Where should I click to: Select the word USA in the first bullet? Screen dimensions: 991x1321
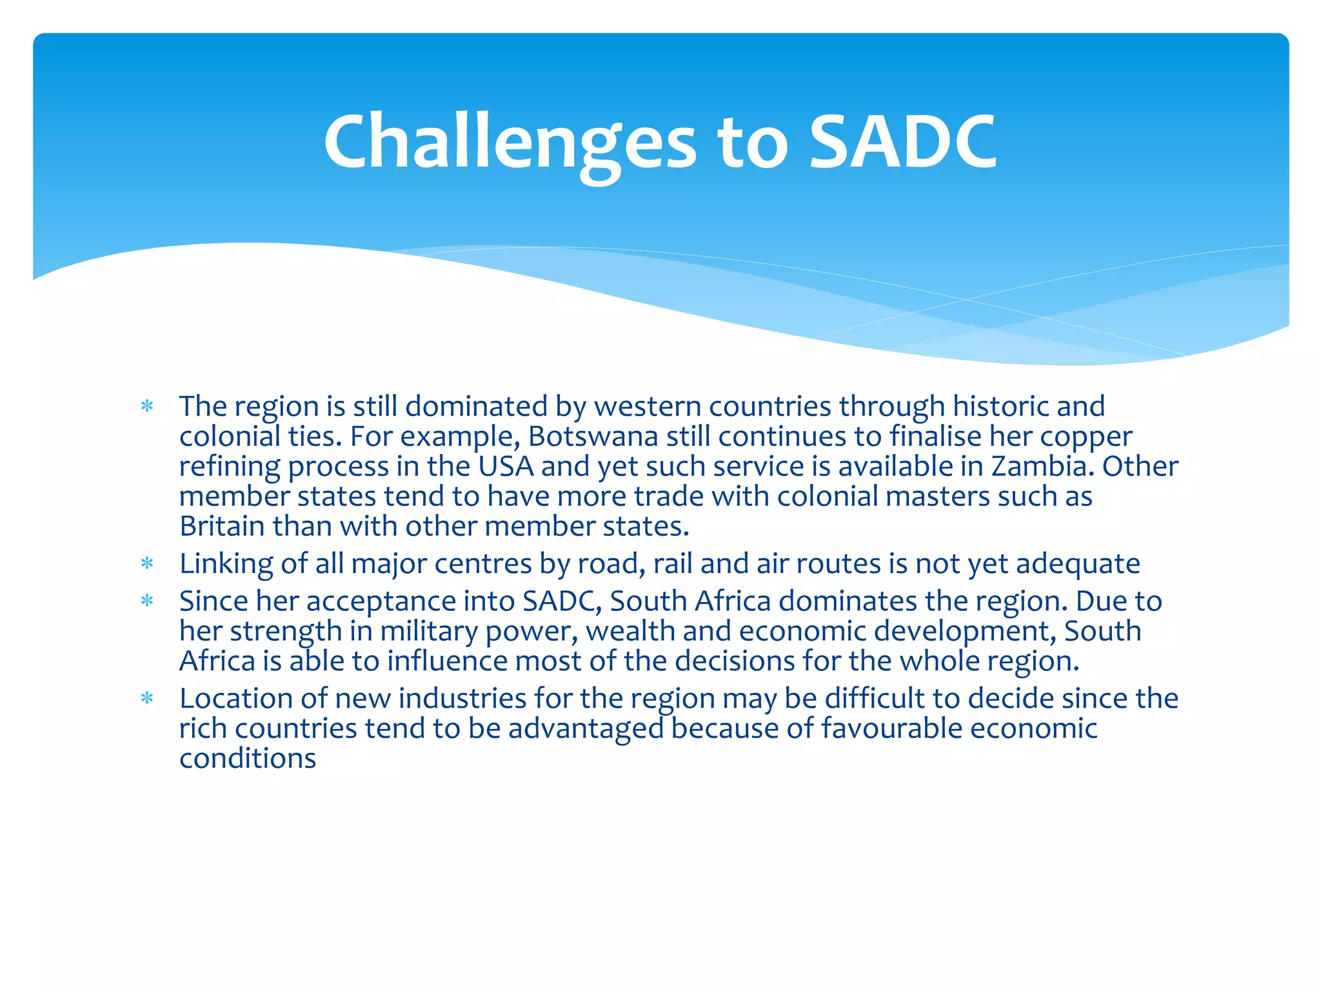[x=506, y=466]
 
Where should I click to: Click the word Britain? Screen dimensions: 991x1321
[x=221, y=526]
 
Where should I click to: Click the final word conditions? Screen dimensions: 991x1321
[x=248, y=759]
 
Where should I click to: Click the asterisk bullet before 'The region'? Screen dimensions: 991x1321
[x=147, y=406]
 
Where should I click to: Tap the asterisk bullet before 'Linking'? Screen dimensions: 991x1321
[x=147, y=565]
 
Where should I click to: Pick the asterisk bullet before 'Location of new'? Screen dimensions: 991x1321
[x=147, y=699]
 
